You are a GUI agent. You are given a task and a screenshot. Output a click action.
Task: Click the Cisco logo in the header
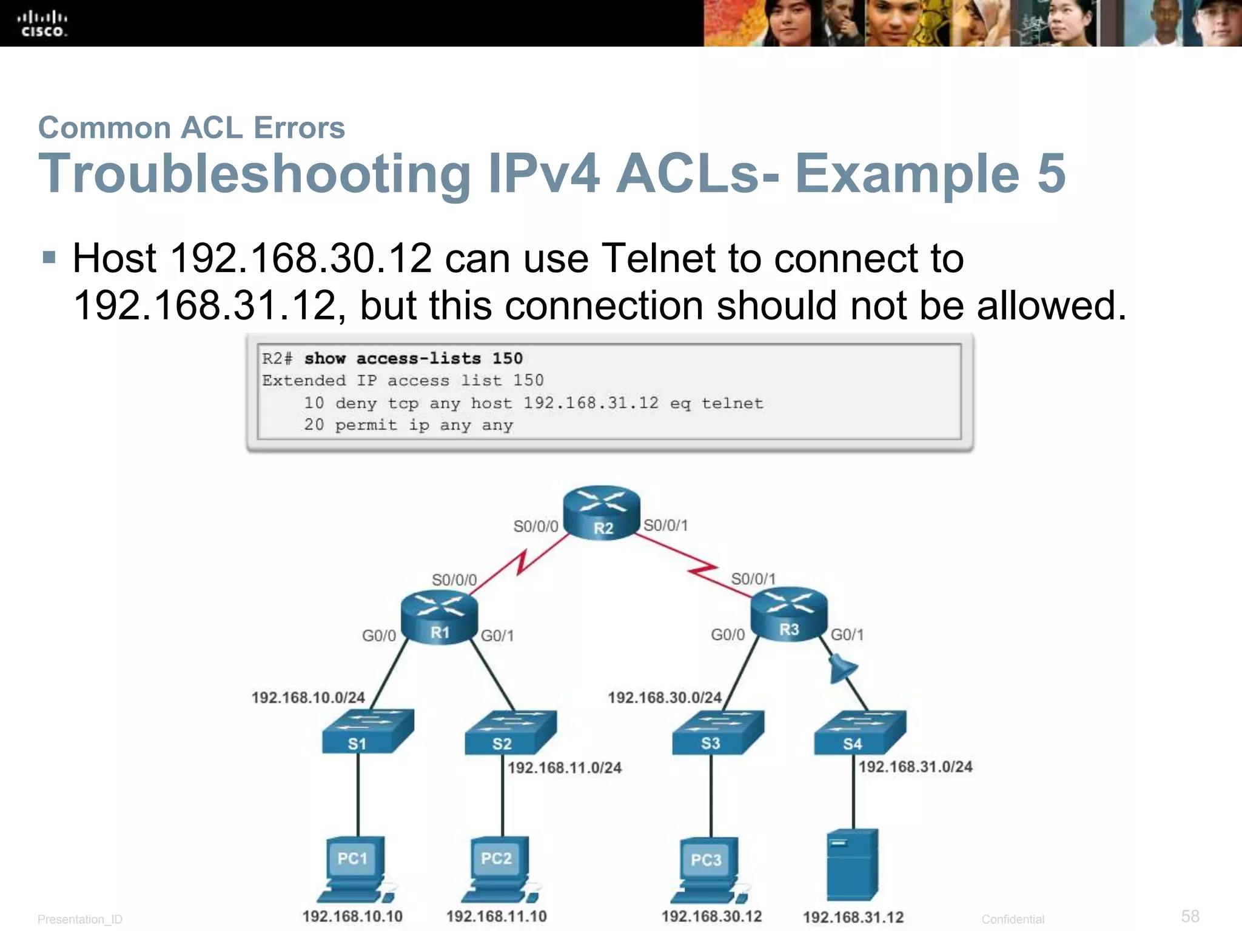42,24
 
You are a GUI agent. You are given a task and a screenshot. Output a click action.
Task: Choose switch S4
859,733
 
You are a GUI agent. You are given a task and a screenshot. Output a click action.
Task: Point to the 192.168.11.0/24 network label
565,768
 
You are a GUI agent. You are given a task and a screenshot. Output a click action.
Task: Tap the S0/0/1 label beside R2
666,526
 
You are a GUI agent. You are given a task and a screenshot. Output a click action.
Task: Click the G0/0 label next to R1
379,636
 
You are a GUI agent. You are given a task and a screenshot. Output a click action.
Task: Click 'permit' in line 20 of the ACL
366,425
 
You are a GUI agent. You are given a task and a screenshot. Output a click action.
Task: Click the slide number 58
1190,916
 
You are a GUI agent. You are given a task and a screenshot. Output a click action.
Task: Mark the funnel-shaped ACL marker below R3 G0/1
842,669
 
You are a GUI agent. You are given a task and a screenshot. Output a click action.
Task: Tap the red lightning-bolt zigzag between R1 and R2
520,562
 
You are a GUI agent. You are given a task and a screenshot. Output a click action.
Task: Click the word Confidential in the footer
1013,919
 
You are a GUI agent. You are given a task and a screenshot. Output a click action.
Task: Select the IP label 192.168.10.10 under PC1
352,916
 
